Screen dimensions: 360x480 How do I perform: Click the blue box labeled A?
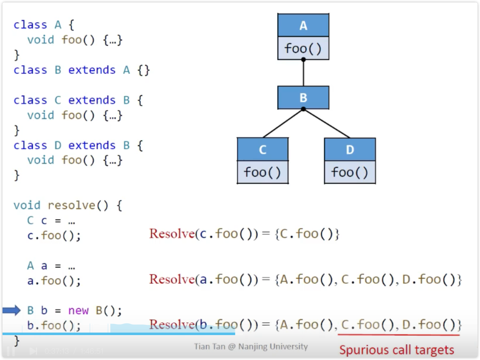click(303, 25)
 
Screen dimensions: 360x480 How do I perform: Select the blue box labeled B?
click(303, 97)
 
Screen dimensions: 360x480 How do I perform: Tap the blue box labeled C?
click(262, 149)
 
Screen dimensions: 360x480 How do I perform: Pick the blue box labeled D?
click(350, 149)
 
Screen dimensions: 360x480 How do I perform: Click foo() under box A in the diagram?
click(303, 49)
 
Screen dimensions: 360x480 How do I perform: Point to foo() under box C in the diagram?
click(262, 172)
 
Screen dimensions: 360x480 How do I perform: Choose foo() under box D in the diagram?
click(350, 172)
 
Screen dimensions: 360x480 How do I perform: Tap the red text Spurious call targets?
click(396, 350)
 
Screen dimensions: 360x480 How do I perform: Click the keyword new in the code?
click(78, 310)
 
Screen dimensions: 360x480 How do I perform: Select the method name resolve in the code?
click(71, 206)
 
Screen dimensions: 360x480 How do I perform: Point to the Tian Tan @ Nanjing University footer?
click(251, 347)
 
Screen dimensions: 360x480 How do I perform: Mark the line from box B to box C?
click(283, 123)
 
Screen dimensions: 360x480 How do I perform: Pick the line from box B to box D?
click(327, 123)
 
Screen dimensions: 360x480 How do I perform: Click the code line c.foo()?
click(54, 235)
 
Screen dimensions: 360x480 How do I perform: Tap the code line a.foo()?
click(54, 281)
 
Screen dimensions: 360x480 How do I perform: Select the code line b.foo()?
click(54, 326)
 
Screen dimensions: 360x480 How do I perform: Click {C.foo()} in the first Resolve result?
click(307, 234)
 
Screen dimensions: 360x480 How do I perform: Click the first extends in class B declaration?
click(92, 70)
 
